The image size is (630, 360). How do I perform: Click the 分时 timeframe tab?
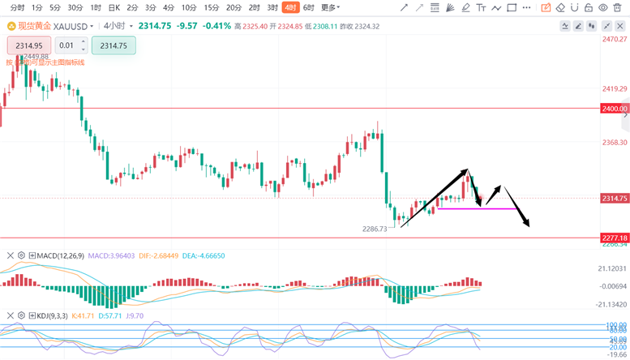pyautogui.click(x=16, y=7)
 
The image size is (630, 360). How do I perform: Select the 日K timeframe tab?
pyautogui.click(x=114, y=7)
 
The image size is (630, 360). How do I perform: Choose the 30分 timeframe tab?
pyautogui.click(x=75, y=7)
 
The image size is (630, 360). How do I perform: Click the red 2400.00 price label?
pyautogui.click(x=615, y=108)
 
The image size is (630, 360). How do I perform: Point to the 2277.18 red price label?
pyautogui.click(x=615, y=238)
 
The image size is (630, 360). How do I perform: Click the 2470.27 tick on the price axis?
pyautogui.click(x=615, y=39)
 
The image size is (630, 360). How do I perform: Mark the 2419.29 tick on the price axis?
pyautogui.click(x=615, y=88)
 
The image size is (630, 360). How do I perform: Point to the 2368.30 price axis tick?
pyautogui.click(x=615, y=143)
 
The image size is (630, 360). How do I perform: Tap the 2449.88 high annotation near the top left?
pyautogui.click(x=36, y=57)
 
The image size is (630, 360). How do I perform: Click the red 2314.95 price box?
pyautogui.click(x=28, y=45)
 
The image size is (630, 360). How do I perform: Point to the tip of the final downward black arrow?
pyautogui.click(x=529, y=227)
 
